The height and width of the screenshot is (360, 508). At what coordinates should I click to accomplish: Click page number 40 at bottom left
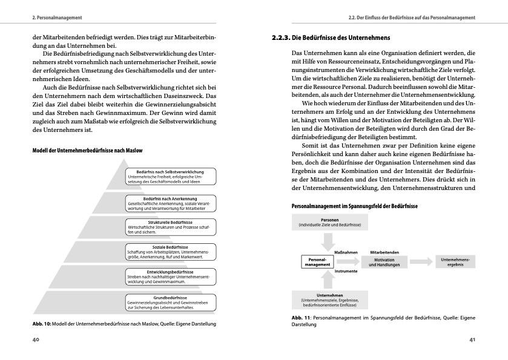[x=36, y=340]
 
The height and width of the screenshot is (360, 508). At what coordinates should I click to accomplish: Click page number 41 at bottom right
[x=472, y=340]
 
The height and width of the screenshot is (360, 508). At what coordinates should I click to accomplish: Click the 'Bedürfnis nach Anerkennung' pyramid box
[x=169, y=202]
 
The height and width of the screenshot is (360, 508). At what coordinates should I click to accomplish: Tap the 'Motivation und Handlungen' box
[x=380, y=262]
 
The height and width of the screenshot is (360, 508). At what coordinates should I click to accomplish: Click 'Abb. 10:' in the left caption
[x=41, y=324]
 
